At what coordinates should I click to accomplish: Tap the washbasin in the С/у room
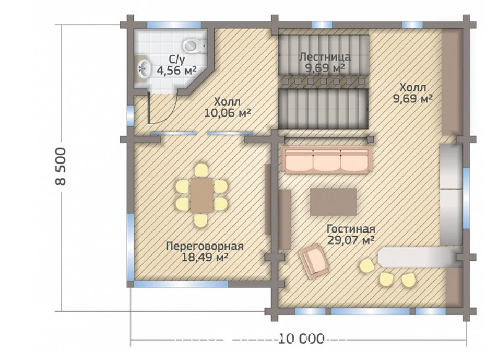(144, 68)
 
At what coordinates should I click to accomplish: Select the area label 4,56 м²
(176, 71)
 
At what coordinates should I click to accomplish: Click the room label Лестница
(325, 57)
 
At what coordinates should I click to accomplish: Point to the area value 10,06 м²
(228, 112)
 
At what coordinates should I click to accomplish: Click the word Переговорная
(205, 246)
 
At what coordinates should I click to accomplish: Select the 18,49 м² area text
(205, 257)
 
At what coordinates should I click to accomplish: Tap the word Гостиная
(351, 229)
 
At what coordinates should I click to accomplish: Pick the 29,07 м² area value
(351, 240)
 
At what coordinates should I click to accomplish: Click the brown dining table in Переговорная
(201, 195)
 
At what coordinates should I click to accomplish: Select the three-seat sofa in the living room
(327, 160)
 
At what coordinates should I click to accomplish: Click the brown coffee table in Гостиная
(333, 202)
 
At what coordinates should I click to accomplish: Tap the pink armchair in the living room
(314, 261)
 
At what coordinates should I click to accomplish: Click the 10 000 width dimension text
(301, 339)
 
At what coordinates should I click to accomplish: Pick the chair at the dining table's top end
(201, 170)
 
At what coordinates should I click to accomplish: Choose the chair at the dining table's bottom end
(201, 220)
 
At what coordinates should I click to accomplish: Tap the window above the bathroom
(174, 25)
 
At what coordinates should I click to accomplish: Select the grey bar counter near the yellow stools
(418, 257)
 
